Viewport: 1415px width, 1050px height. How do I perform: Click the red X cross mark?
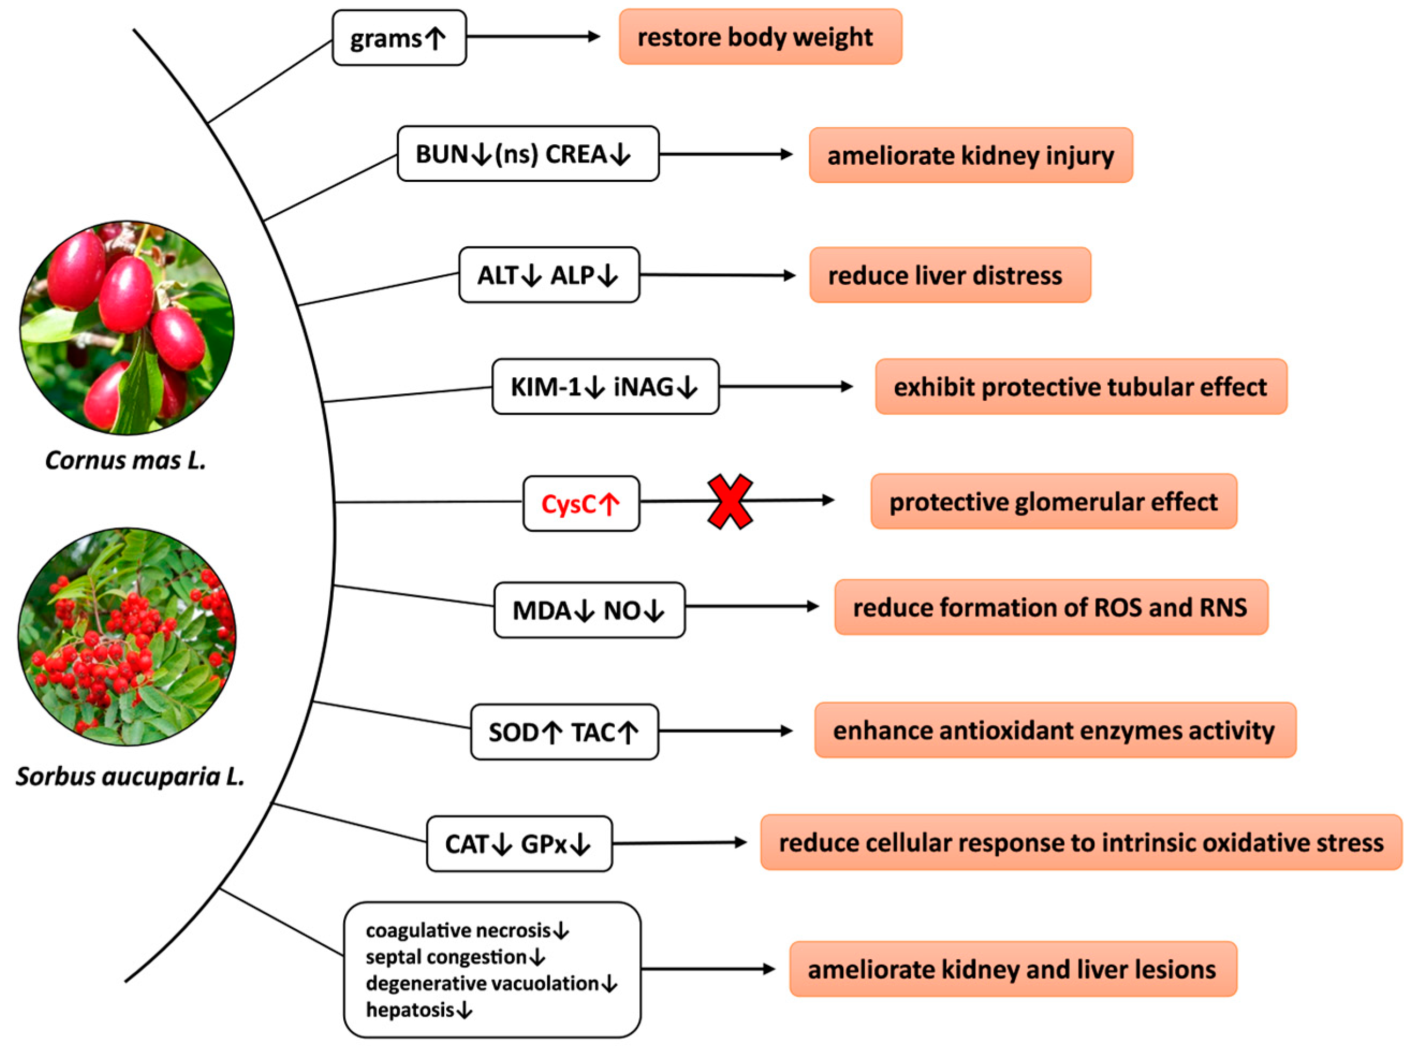730,502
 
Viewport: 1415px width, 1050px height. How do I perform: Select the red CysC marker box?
581,504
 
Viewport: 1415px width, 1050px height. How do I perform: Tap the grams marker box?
399,38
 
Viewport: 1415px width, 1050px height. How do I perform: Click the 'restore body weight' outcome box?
760,37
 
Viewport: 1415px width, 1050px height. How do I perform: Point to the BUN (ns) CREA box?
527,154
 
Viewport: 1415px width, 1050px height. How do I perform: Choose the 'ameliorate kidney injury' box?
970,156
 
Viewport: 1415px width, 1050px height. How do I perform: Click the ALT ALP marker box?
549,275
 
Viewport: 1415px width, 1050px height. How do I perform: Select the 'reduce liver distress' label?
949,275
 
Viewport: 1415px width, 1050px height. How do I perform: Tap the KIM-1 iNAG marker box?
605,386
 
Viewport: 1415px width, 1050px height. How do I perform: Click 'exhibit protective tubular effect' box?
1080,386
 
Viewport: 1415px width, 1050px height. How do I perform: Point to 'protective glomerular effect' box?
1053,502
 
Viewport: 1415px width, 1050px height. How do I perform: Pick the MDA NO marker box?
589,610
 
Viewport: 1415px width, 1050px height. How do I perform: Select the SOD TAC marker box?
564,732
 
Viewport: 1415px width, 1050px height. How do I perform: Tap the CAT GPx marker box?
519,844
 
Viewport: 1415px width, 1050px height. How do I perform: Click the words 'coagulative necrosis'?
458,930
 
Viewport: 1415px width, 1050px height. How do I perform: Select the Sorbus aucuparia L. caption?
130,776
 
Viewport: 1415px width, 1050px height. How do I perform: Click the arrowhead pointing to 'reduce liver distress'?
789,275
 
